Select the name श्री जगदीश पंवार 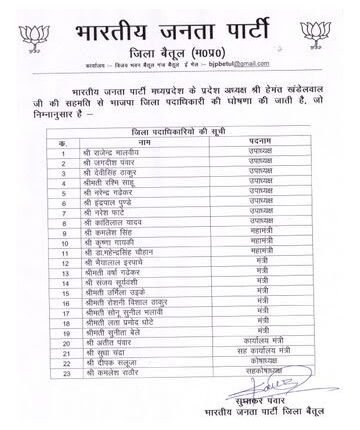(x=112, y=162)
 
